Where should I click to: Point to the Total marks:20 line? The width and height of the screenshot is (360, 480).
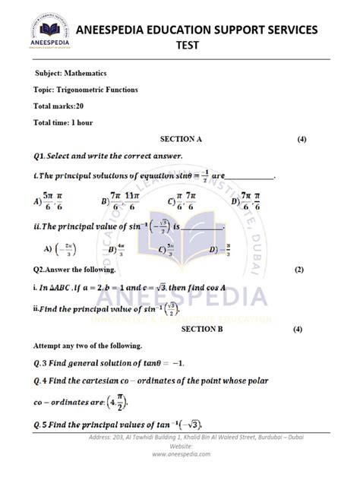tap(58, 106)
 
